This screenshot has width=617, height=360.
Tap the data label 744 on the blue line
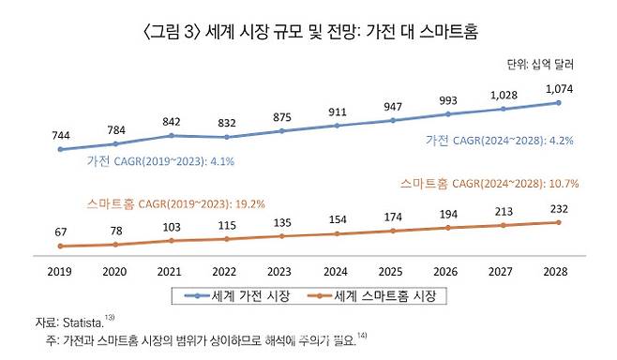pos(59,133)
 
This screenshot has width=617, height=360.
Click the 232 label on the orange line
pos(559,209)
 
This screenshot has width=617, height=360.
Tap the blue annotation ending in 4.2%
pos(498,140)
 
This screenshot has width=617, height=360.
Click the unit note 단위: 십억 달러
pos(538,65)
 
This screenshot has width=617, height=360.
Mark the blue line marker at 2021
pos(171,136)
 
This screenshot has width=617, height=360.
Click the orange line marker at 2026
pos(448,228)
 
